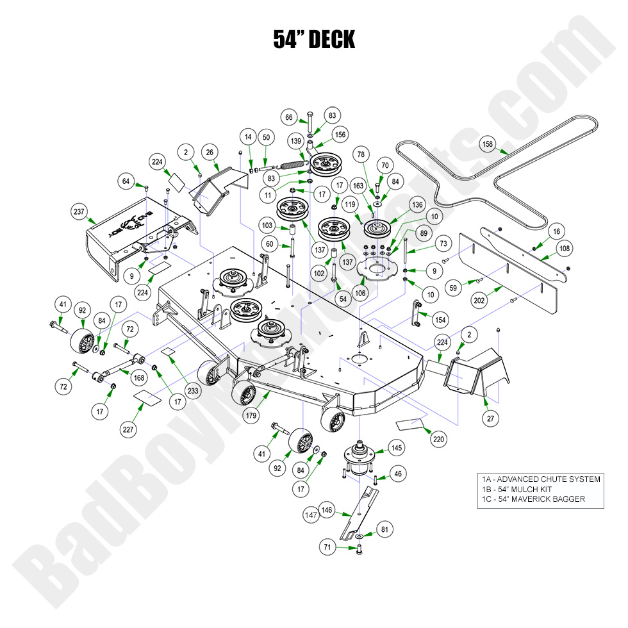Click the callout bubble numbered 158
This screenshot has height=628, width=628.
tap(488, 145)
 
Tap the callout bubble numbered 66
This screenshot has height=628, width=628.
tap(289, 117)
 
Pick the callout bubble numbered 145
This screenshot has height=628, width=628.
tap(397, 448)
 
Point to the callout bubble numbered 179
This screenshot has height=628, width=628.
tap(251, 415)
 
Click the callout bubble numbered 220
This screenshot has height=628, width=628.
tap(438, 440)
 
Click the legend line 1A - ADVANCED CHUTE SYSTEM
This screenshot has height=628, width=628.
tap(541, 479)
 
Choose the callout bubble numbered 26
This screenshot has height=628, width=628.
tap(209, 152)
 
